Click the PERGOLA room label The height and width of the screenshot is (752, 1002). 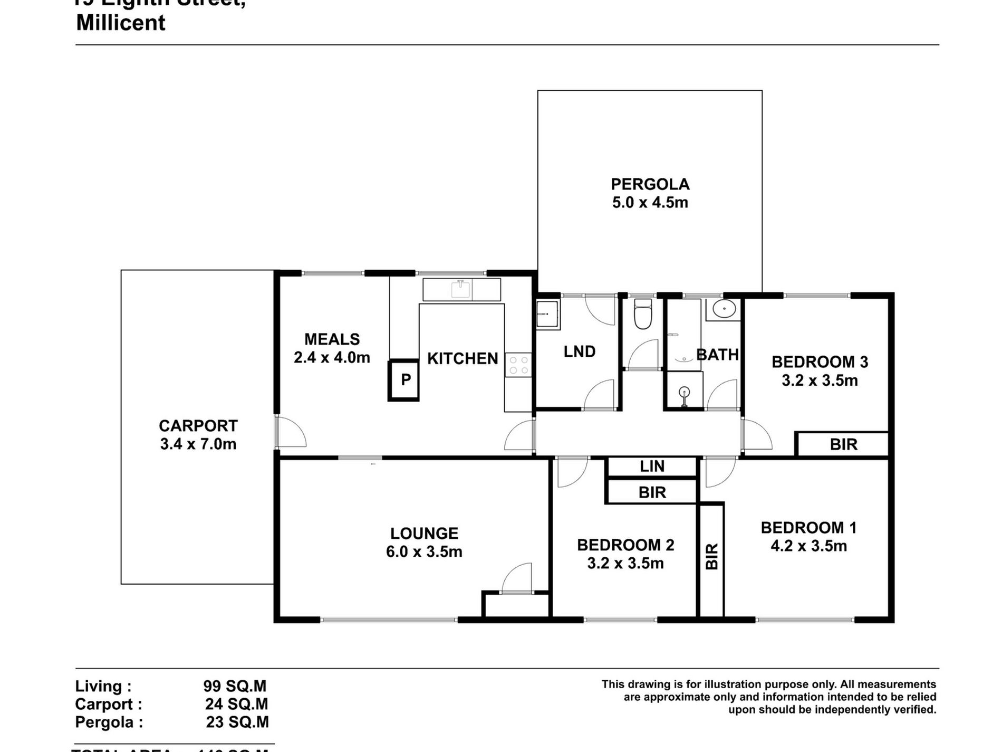pos(650,184)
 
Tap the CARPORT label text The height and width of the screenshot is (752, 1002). pos(198,425)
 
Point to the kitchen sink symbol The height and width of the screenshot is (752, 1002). pos(460,290)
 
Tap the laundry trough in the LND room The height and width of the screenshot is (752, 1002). pos(547,315)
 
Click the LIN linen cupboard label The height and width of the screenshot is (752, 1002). pos(652,467)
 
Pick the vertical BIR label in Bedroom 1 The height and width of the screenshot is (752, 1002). pos(712,556)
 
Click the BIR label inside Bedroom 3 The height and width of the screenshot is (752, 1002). pos(843,444)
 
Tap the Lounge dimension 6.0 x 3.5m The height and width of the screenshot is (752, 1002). pos(424,551)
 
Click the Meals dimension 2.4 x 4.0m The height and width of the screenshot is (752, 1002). pos(332,357)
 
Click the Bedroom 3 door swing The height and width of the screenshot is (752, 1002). pos(757,434)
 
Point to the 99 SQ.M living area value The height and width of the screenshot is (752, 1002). pos(235,686)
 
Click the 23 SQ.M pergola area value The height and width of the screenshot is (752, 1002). pos(237,722)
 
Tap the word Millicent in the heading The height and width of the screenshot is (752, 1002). pos(121,23)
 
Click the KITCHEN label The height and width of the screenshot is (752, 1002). pos(463,359)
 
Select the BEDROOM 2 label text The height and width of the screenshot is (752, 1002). pos(625,545)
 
